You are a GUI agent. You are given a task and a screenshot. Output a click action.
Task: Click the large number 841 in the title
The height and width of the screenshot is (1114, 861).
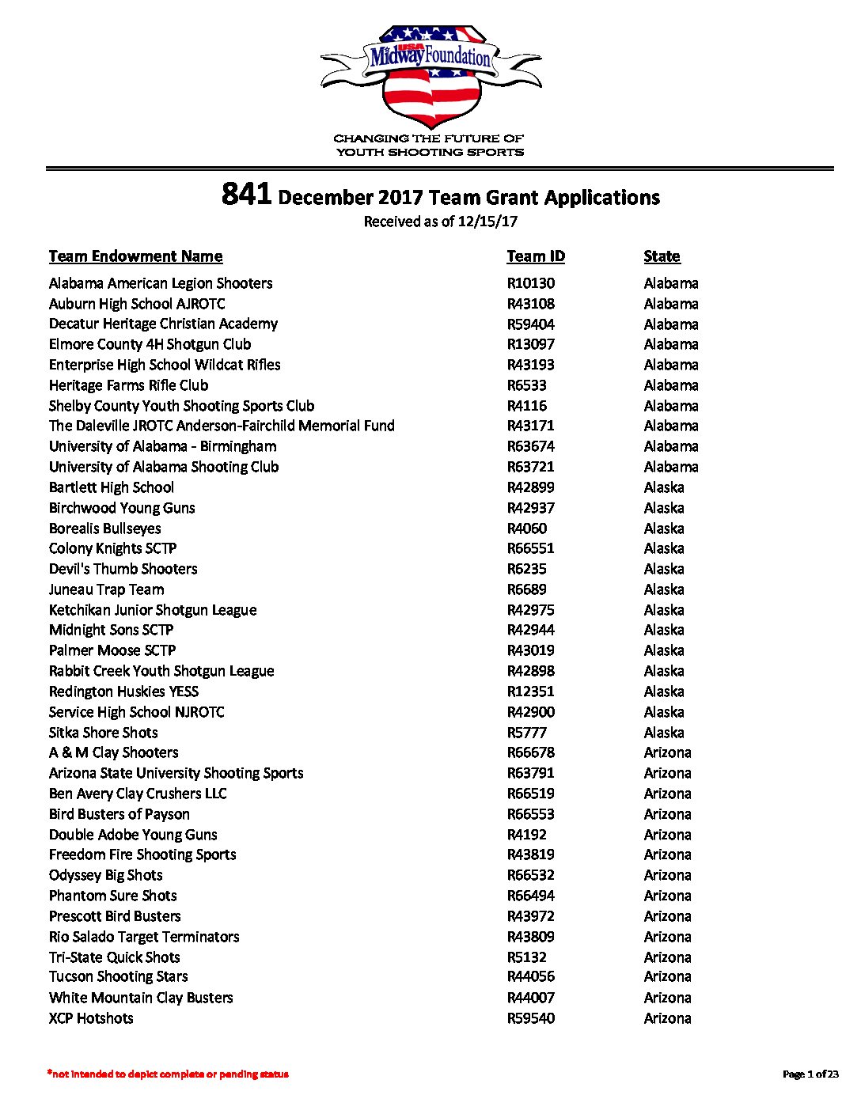pyautogui.click(x=247, y=195)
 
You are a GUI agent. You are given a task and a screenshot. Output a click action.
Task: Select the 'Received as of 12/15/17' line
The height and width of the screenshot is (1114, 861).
pyautogui.click(x=440, y=222)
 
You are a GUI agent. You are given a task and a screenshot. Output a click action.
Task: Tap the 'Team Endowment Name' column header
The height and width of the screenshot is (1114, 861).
pyautogui.click(x=135, y=256)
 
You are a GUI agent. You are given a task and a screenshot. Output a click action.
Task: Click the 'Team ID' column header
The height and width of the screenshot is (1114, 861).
pyautogui.click(x=536, y=256)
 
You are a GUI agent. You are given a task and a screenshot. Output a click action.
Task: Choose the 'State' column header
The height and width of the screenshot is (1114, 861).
pyautogui.click(x=662, y=256)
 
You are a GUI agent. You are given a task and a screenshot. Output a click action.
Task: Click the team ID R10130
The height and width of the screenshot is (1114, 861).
pyautogui.click(x=530, y=283)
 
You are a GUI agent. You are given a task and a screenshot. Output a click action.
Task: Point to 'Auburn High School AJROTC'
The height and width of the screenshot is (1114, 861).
pyautogui.click(x=137, y=304)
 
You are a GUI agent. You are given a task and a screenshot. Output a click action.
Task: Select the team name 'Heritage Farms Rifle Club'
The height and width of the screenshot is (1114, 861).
pyautogui.click(x=128, y=385)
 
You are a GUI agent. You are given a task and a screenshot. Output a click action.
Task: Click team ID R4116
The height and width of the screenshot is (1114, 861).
pyautogui.click(x=526, y=406)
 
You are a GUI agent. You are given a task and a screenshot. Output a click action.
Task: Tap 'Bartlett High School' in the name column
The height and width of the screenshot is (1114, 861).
pyautogui.click(x=112, y=487)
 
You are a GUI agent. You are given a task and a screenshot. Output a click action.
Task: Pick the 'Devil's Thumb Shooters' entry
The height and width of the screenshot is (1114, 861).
pyautogui.click(x=123, y=569)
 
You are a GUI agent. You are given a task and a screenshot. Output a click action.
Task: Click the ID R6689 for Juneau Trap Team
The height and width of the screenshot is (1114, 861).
pyautogui.click(x=526, y=589)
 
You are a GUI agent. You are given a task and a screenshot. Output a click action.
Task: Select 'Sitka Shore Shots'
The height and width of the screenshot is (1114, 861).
pyautogui.click(x=103, y=733)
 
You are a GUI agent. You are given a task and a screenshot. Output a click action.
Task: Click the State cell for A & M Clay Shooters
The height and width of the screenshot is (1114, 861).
pyautogui.click(x=667, y=752)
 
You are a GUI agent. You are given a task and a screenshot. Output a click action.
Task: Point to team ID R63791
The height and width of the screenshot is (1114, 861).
pyautogui.click(x=530, y=773)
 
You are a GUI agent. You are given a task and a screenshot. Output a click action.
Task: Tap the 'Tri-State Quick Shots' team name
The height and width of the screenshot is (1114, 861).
pyautogui.click(x=114, y=957)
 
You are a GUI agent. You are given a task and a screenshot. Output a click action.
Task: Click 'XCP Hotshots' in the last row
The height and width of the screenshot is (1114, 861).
pyautogui.click(x=91, y=1018)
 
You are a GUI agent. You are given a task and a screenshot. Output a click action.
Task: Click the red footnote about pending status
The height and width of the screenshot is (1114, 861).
pyautogui.click(x=168, y=1074)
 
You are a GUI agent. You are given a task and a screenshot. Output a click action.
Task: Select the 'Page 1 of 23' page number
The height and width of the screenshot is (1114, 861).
pyautogui.click(x=810, y=1074)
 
